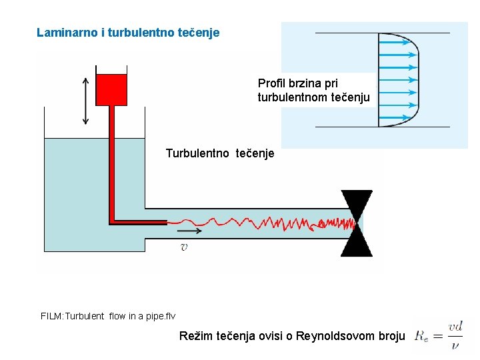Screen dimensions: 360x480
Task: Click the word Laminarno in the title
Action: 63,32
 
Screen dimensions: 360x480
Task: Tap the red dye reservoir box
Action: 111,89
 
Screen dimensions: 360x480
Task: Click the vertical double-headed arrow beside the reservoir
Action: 85,100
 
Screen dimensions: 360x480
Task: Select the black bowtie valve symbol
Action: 357,223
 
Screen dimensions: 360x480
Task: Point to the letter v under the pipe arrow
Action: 184,247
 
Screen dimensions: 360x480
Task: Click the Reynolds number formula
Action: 439,335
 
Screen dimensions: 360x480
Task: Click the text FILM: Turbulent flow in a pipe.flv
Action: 108,316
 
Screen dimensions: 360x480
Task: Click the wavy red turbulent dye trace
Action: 267,222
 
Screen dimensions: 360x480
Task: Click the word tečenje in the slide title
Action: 199,32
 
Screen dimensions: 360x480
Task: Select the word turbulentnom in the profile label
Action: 291,97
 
